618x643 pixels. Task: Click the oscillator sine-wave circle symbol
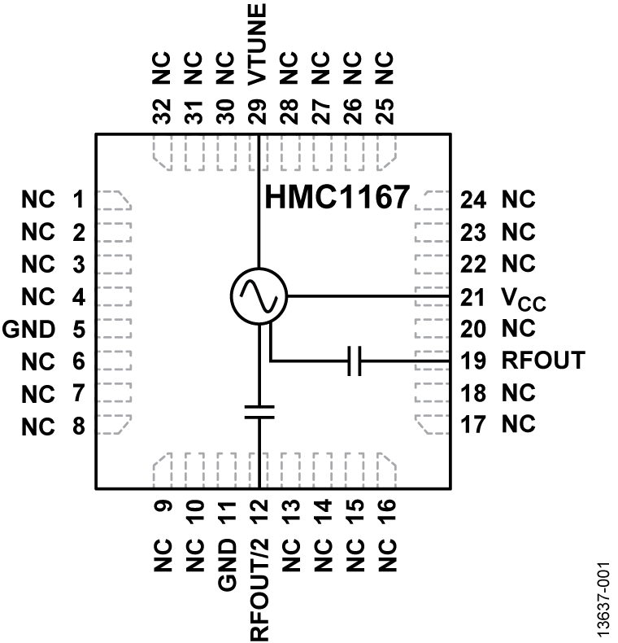[259, 295]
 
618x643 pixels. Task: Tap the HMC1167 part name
[334, 198]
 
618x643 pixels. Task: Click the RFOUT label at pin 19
[542, 361]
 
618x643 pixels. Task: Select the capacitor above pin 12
[259, 411]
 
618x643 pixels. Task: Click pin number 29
[259, 110]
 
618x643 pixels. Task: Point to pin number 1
[78, 199]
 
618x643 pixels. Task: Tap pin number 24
[473, 199]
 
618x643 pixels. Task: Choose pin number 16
[387, 515]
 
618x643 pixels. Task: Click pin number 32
[162, 110]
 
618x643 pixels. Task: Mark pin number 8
[78, 425]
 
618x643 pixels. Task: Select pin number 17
[473, 425]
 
